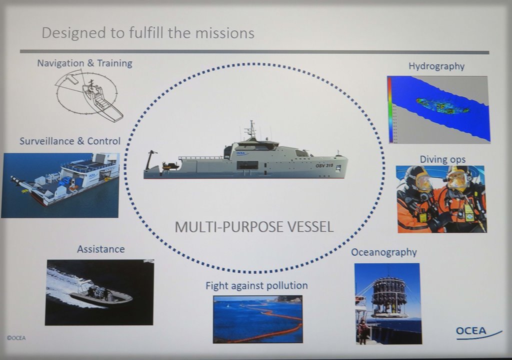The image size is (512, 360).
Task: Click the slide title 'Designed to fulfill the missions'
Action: click(x=148, y=33)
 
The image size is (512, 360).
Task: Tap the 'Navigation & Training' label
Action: click(x=84, y=63)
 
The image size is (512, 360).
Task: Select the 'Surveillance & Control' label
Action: click(x=70, y=141)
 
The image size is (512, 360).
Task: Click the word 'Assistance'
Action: click(x=100, y=248)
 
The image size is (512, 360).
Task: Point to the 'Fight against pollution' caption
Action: click(x=256, y=285)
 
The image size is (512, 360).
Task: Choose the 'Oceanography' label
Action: click(x=384, y=252)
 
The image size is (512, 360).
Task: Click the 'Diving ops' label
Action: click(x=442, y=159)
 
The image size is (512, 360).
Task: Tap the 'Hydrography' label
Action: click(x=436, y=66)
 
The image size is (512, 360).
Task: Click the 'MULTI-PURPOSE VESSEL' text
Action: click(x=254, y=226)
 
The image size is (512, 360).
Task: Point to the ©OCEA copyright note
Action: click(x=16, y=338)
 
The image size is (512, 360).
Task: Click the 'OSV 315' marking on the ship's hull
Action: click(x=324, y=165)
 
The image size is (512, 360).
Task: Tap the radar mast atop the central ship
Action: click(x=251, y=129)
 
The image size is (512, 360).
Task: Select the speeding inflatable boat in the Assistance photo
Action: click(x=100, y=295)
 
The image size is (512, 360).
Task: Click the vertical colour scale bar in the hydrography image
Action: click(x=390, y=109)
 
